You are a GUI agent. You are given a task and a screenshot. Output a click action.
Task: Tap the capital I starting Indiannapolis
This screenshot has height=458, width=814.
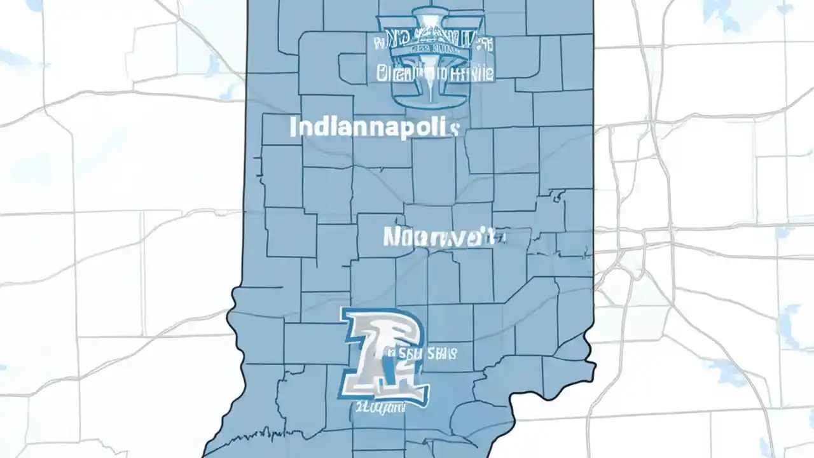[293, 127]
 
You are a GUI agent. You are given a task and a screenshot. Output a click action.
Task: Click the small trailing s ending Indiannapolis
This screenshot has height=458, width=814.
[453, 129]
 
